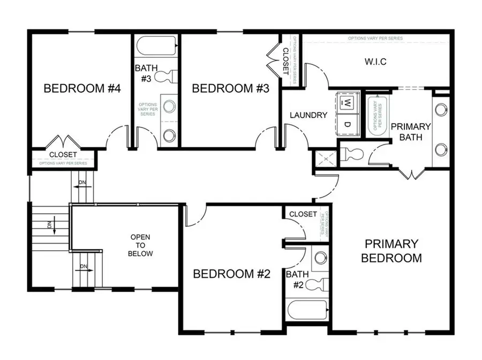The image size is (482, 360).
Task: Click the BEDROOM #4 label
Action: tap(81, 88)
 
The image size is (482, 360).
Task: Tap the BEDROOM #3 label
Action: tap(230, 88)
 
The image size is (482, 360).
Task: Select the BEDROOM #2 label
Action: tap(231, 274)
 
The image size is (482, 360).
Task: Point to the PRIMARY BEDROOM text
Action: tap(391, 251)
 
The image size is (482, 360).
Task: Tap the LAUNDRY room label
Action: tap(308, 115)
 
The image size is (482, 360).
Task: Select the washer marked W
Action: tap(347, 102)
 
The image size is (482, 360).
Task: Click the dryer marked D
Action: tap(347, 124)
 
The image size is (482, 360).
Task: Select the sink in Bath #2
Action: tap(320, 258)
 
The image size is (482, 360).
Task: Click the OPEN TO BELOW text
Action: tap(141, 245)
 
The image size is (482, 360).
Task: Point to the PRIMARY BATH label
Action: tap(410, 132)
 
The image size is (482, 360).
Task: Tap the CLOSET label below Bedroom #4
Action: tap(63, 155)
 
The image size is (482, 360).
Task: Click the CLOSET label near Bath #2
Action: tap(303, 214)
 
